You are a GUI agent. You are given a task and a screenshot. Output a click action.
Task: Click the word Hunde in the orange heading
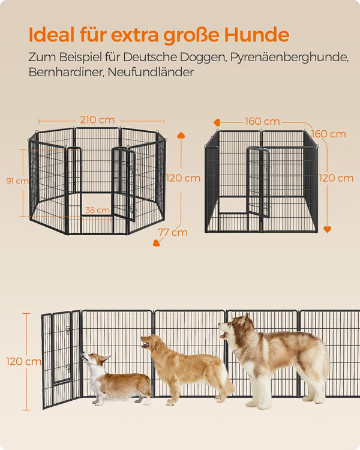[256, 35]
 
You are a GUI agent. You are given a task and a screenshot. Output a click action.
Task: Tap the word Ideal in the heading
[52, 35]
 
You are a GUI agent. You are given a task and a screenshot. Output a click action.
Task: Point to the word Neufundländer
[151, 73]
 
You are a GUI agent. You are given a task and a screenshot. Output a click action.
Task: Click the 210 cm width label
[97, 120]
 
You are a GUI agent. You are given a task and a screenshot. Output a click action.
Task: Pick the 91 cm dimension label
[17, 181]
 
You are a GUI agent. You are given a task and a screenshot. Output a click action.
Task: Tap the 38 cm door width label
[97, 210]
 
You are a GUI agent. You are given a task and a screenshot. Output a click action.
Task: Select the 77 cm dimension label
[173, 232]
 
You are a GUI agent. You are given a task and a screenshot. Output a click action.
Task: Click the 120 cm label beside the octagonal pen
[183, 178]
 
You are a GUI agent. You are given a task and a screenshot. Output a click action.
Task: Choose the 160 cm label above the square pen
[262, 121]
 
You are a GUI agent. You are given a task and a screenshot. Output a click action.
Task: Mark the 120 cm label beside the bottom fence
[24, 361]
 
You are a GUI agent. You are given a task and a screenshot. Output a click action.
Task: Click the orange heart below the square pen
[327, 229]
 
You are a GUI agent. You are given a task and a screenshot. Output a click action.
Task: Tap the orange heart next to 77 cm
[157, 243]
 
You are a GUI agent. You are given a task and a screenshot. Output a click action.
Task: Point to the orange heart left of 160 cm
[217, 122]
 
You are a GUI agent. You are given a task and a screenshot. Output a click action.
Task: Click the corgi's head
[95, 359]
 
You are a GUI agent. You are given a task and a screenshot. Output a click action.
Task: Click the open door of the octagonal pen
[124, 184]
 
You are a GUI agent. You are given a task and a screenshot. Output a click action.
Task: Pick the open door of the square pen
[258, 182]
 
